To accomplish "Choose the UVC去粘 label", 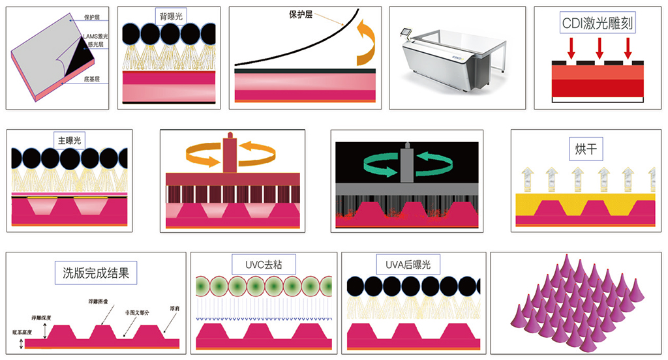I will (264, 264).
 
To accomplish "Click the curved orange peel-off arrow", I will (365, 43).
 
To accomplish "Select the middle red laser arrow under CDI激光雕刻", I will (600, 48).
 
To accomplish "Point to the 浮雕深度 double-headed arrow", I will (43, 331).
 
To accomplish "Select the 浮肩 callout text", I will (174, 307).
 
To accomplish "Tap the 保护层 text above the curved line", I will (299, 14).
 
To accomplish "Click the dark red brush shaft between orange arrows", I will (229, 154).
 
